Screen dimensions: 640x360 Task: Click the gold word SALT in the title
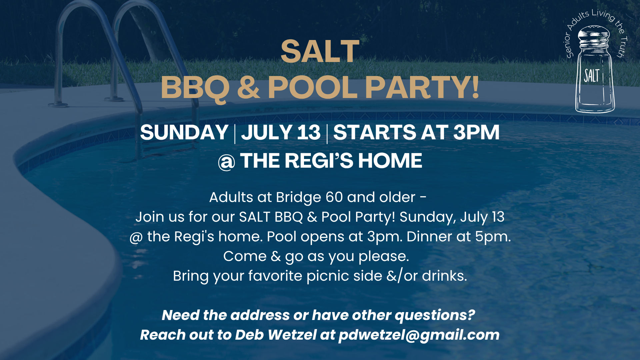pos(320,51)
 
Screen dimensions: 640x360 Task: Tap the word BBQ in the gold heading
pos(195,88)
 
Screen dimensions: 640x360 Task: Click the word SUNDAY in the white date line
pos(184,132)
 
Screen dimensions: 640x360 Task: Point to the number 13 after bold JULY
pos(309,132)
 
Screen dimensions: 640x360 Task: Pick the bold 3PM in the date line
pos(476,132)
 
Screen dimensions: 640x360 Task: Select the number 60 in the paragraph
pos(334,197)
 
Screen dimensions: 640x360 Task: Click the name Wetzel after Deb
pos(292,335)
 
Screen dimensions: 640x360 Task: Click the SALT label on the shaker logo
pos(592,76)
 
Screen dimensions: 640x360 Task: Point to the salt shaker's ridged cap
pos(594,40)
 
